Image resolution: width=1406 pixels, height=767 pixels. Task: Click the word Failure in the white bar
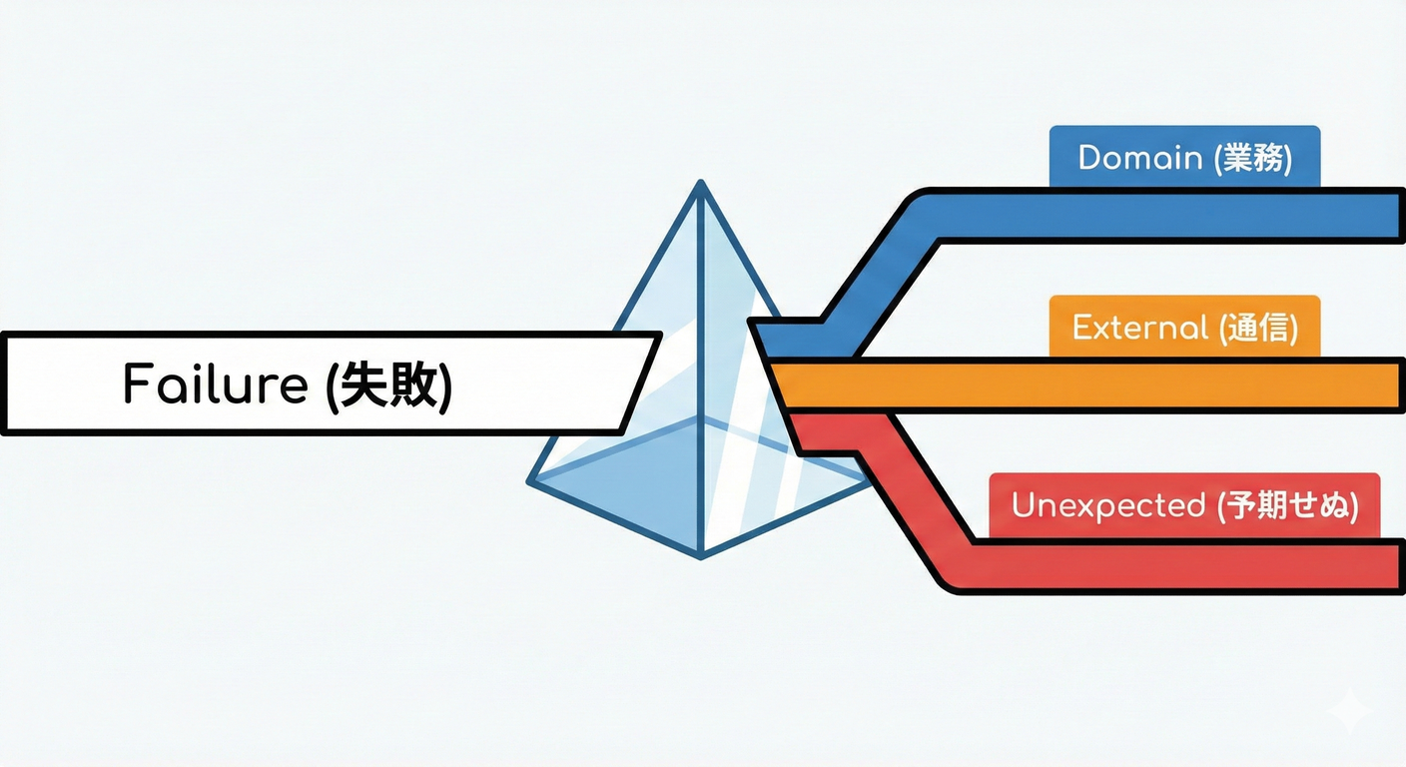pyautogui.click(x=214, y=383)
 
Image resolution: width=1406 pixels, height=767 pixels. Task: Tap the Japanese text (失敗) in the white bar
pyautogui.click(x=389, y=383)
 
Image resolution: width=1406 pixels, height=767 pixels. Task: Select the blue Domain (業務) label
pyautogui.click(x=1184, y=159)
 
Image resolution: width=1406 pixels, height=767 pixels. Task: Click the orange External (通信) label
pyautogui.click(x=1184, y=328)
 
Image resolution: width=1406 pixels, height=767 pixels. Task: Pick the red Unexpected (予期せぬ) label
pyautogui.click(x=1184, y=505)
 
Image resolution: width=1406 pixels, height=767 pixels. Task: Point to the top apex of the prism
pyautogui.click(x=701, y=183)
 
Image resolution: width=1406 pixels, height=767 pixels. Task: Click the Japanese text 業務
pyautogui.click(x=1253, y=159)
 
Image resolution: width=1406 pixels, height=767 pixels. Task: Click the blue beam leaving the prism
pyautogui.click(x=1148, y=215)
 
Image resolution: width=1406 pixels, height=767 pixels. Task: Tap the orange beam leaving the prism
pyautogui.click(x=1098, y=384)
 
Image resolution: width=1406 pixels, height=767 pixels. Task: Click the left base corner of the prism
pyautogui.click(x=530, y=483)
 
